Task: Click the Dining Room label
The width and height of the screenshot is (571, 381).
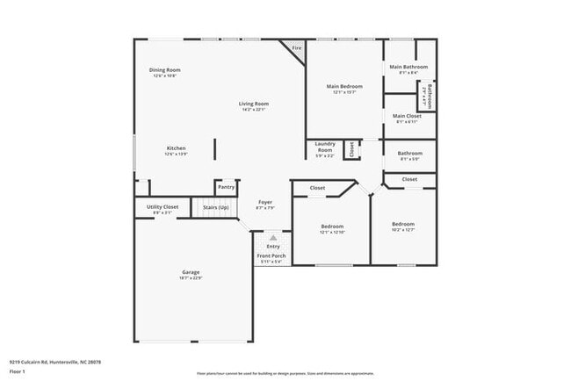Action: click(x=164, y=70)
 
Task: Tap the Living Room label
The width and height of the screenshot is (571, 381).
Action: click(x=252, y=104)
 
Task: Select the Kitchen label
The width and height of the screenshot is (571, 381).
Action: click(x=177, y=148)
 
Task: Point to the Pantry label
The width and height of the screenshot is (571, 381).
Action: click(x=227, y=186)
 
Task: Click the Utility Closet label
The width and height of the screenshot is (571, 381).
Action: click(x=156, y=207)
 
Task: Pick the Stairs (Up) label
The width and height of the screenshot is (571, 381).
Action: click(x=216, y=207)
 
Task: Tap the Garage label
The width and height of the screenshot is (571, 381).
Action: click(x=191, y=272)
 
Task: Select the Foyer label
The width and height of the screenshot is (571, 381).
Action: click(x=265, y=203)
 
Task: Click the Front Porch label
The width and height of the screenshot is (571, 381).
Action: click(x=270, y=255)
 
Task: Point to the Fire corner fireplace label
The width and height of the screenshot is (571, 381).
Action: click(x=297, y=47)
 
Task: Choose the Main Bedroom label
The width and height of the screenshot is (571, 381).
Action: click(x=344, y=86)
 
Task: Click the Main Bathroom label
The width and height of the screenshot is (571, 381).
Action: click(x=409, y=67)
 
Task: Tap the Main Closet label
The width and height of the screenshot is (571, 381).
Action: click(x=408, y=116)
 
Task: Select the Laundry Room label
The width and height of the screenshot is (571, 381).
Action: click(x=324, y=146)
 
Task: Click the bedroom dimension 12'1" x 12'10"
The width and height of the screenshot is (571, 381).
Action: click(x=332, y=232)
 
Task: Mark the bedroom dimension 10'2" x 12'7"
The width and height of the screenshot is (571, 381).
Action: click(x=402, y=230)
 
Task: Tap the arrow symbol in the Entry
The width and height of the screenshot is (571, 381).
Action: click(x=273, y=237)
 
